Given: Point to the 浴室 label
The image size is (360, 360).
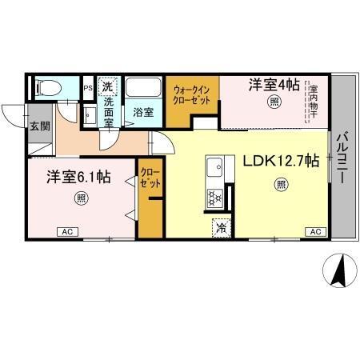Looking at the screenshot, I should tap(143, 111).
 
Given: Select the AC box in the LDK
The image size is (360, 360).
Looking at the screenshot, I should tap(314, 232).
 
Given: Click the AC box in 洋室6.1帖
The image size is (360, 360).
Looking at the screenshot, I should tap(69, 232).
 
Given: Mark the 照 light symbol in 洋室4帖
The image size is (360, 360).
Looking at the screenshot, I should tap(274, 102).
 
